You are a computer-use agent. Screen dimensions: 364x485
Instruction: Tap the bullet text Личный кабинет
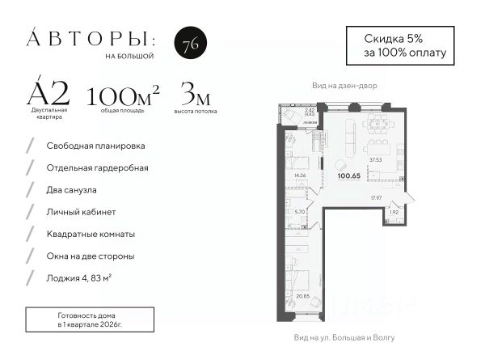pos(82,212)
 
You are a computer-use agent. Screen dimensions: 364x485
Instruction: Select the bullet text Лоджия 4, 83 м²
pos(90,277)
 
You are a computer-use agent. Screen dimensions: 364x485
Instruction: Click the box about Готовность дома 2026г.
pos(94,319)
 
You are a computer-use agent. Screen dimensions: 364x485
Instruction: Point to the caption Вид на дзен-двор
pos(344,85)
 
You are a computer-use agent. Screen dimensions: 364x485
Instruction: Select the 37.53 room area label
pos(376,159)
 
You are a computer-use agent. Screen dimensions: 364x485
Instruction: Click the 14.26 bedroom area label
pos(301,176)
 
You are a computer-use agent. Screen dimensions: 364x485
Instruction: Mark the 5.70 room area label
pos(300,212)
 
